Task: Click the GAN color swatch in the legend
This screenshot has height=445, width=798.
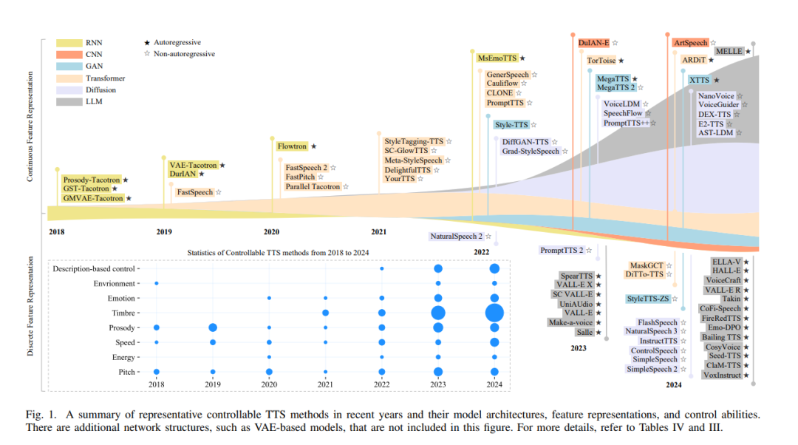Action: tap(69, 66)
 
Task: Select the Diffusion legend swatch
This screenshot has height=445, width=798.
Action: tap(69, 89)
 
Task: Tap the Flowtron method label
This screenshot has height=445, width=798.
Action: tap(291, 146)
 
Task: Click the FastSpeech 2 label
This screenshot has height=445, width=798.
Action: tap(306, 167)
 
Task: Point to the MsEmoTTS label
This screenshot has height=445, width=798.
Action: tap(497, 58)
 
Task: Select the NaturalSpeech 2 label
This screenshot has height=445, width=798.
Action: tap(455, 237)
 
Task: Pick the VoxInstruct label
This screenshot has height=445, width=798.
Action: tap(722, 375)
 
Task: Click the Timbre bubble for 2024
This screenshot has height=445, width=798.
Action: tap(494, 313)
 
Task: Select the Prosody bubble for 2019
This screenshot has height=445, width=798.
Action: tap(213, 327)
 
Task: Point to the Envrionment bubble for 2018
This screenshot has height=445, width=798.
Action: tap(156, 283)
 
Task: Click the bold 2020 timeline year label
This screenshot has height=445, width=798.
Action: tap(271, 232)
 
